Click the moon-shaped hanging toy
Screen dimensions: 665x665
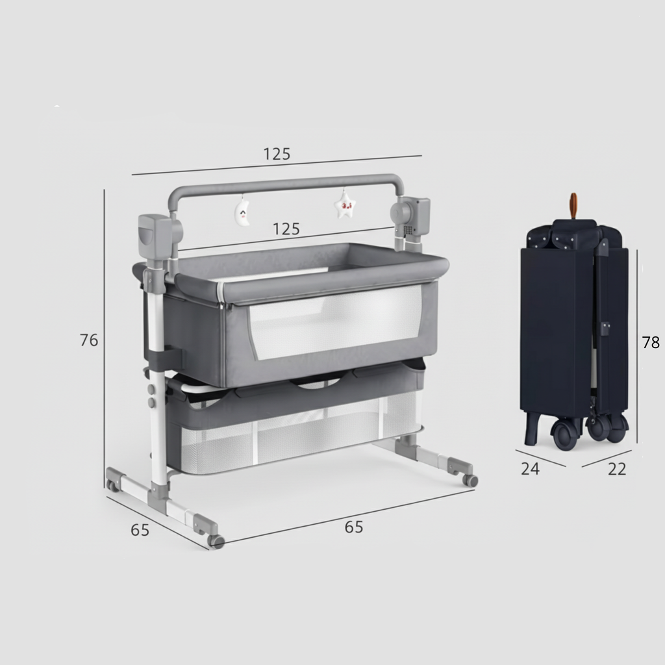click(242, 212)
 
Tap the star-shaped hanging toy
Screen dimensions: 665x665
click(344, 205)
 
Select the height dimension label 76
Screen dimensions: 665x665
click(89, 340)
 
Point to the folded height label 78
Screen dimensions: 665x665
click(651, 342)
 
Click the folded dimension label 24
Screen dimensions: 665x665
click(530, 469)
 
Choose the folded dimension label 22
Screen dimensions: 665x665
click(617, 469)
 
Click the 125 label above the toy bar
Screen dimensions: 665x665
click(277, 154)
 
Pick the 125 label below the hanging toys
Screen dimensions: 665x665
click(286, 229)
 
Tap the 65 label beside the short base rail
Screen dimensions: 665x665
click(140, 530)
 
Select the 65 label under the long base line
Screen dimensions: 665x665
click(354, 527)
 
